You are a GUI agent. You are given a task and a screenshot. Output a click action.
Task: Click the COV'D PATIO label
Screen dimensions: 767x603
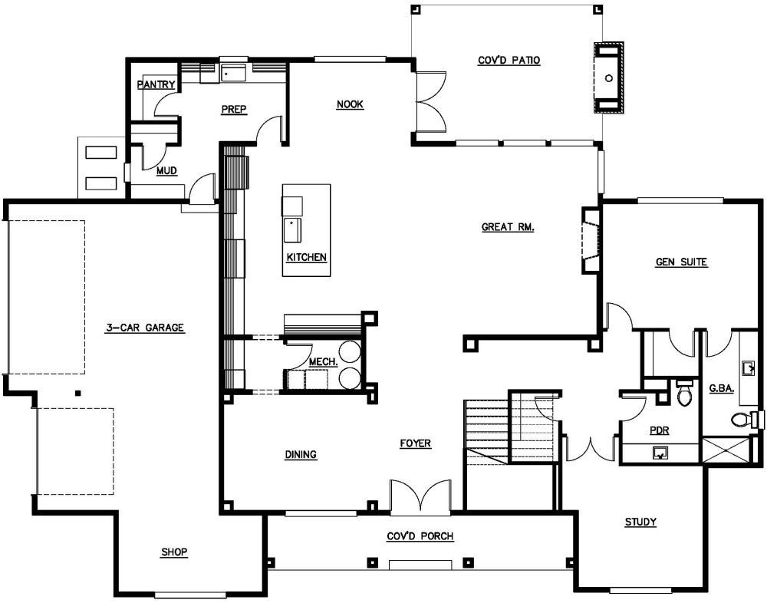pyautogui.click(x=509, y=61)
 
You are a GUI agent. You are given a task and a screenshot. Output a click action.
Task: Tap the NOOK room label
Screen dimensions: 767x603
pyautogui.click(x=351, y=104)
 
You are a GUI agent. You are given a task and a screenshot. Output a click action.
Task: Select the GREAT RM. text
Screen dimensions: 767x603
pyautogui.click(x=508, y=227)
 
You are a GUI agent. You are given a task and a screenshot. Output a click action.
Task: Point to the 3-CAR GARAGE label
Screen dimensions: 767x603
pyautogui.click(x=145, y=328)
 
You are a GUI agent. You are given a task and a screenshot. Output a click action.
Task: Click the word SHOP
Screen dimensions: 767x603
pyautogui.click(x=175, y=552)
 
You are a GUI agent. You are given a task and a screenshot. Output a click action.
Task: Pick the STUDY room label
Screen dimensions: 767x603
pyautogui.click(x=640, y=522)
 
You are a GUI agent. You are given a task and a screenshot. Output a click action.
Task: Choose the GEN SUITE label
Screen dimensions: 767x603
pyautogui.click(x=681, y=262)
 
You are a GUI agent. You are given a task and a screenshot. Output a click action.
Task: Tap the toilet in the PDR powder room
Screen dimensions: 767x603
pyautogui.click(x=684, y=393)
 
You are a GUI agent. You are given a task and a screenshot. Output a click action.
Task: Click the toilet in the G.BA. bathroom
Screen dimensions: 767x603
pyautogui.click(x=746, y=420)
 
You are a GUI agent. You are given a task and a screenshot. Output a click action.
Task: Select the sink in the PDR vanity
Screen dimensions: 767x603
pyautogui.click(x=660, y=453)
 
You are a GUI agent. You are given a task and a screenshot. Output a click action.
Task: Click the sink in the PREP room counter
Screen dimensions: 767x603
pyautogui.click(x=235, y=73)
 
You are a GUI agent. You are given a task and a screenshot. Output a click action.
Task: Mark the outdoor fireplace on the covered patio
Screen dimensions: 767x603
pyautogui.click(x=609, y=78)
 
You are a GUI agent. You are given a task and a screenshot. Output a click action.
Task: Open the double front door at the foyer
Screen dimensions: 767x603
pyautogui.click(x=420, y=497)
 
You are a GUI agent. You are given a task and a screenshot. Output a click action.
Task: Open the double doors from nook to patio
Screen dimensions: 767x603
pyautogui.click(x=430, y=101)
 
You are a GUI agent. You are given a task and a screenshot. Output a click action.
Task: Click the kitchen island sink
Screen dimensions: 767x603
pyautogui.click(x=292, y=230)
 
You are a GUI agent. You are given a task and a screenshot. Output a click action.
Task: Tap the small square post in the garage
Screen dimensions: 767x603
pyautogui.click(x=77, y=393)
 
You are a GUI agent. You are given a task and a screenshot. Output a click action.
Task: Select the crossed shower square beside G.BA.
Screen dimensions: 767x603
pyautogui.click(x=726, y=450)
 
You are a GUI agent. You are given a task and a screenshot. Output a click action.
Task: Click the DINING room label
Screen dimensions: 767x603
pyautogui.click(x=301, y=455)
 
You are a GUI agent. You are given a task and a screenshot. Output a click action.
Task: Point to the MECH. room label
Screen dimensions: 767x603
pyautogui.click(x=324, y=363)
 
